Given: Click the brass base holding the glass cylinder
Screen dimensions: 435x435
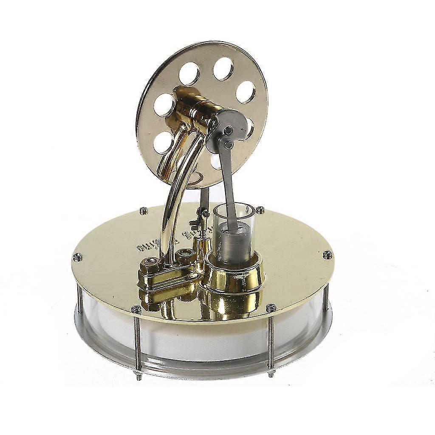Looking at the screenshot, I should pyautogui.click(x=234, y=276).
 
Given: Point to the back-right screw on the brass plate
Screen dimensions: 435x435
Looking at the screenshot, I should pyautogui.click(x=260, y=209).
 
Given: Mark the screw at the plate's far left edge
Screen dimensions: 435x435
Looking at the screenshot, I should pyautogui.click(x=77, y=256).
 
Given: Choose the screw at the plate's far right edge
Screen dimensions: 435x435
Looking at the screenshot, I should pyautogui.click(x=327, y=254).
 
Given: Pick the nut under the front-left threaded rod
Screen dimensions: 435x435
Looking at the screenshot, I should pyautogui.click(x=138, y=373).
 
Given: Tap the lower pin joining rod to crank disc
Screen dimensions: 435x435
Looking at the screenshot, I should pyautogui.click(x=228, y=144).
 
